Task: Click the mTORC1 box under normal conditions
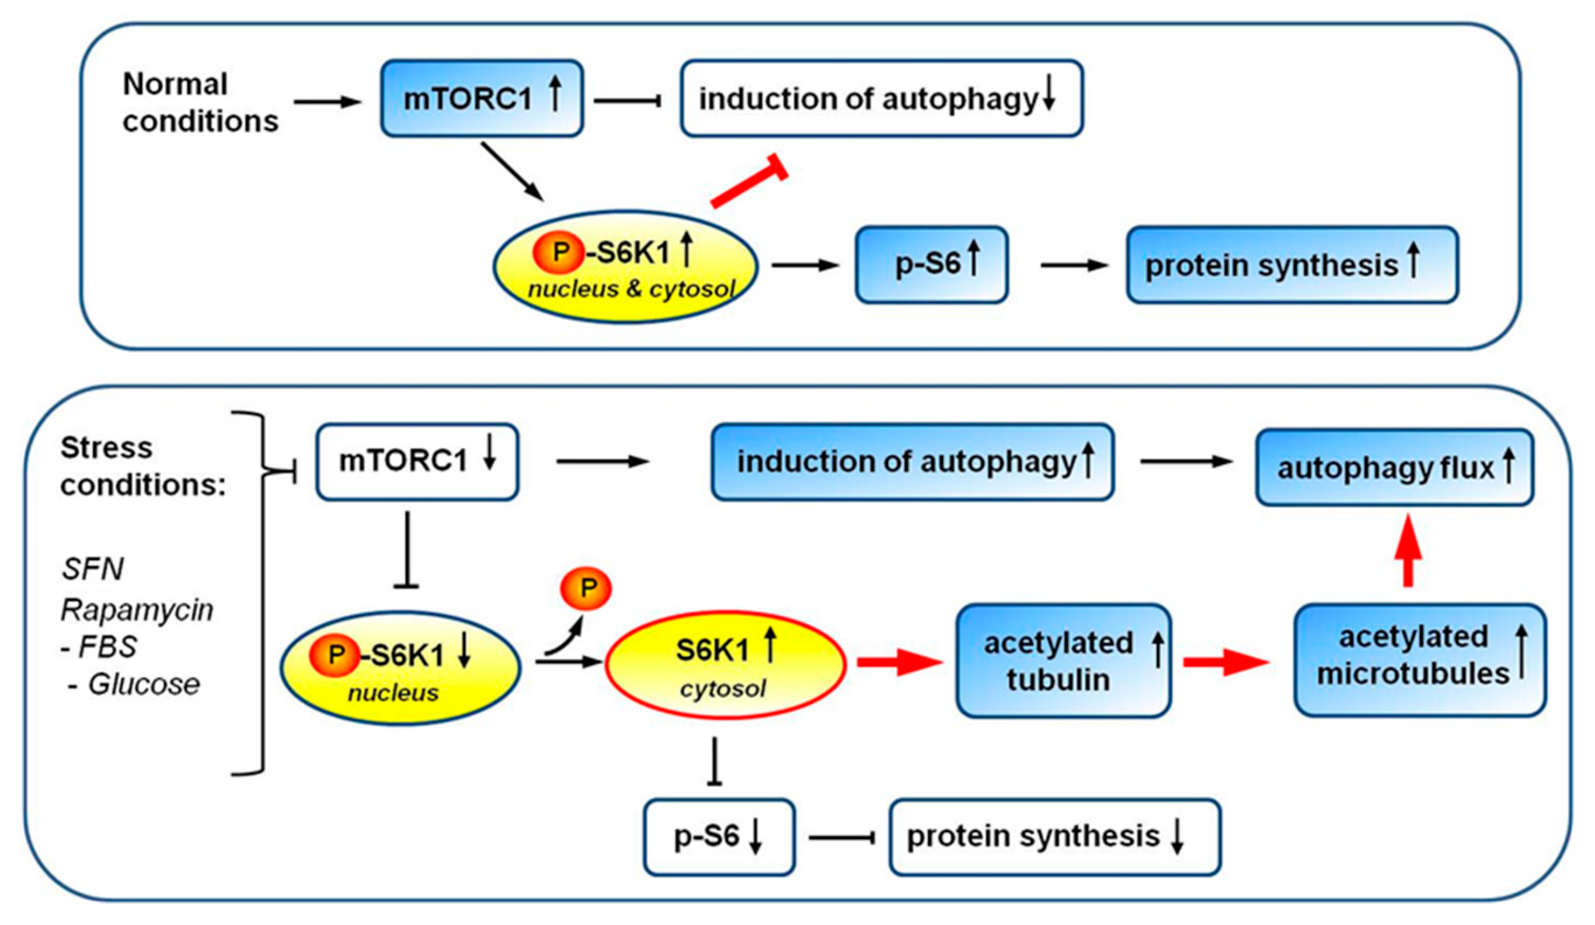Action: click(482, 98)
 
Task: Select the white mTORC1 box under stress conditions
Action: click(417, 462)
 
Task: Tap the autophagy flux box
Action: click(1395, 468)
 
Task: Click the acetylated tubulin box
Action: click(1063, 661)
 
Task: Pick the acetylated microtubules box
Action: click(1420, 660)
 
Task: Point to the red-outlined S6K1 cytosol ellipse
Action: click(725, 665)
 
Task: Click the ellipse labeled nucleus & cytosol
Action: click(625, 266)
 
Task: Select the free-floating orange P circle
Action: click(586, 588)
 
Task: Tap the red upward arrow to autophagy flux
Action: click(1408, 550)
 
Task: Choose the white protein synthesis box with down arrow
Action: click(1055, 837)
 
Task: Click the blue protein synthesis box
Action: click(1293, 265)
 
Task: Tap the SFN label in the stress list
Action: click(93, 569)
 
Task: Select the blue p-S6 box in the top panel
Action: click(932, 265)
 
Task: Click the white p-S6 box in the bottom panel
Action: click(719, 837)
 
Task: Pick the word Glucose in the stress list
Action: click(144, 684)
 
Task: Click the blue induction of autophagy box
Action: click(913, 462)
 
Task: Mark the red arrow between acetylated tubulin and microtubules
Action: click(1227, 662)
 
